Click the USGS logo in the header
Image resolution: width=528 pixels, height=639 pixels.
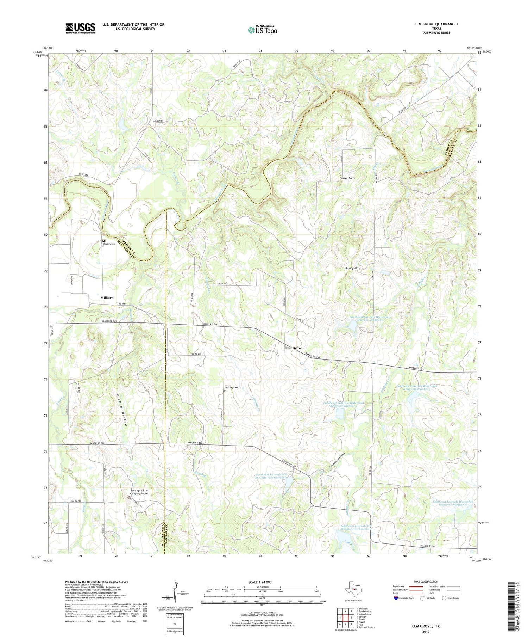(x=80, y=28)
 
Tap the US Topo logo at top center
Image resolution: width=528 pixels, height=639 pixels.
(x=263, y=30)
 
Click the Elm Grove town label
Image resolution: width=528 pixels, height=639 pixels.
(x=293, y=348)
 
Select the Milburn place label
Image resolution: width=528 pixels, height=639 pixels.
(x=107, y=298)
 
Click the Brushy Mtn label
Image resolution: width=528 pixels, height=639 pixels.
(x=352, y=268)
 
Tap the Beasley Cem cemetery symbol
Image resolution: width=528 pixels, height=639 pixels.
(x=103, y=241)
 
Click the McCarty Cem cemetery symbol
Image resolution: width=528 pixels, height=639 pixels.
(x=225, y=391)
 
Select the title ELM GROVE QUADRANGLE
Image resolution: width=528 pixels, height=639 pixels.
(x=436, y=24)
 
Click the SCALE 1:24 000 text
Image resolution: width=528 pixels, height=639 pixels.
(x=262, y=582)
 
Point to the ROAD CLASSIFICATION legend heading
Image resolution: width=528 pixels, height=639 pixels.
(x=426, y=582)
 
